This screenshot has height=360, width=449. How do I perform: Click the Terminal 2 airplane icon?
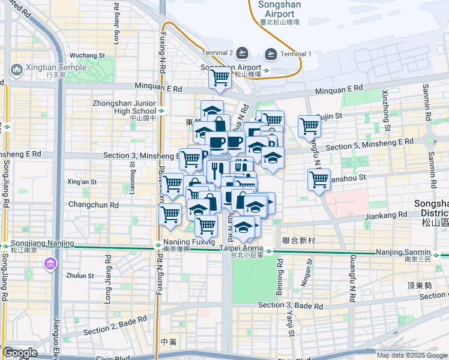pos(243,53)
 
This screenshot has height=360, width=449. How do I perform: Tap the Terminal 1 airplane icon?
pos(271,53)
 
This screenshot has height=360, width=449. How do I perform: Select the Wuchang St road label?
pos(87,55)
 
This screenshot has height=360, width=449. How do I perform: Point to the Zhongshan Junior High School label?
pos(124,107)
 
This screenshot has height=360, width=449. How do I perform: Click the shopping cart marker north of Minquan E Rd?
pos(220,77)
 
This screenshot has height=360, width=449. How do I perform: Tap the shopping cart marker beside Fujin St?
pos(310,126)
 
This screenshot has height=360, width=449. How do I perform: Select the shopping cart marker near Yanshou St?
pos(319,179)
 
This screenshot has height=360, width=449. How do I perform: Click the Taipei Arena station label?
pos(241,248)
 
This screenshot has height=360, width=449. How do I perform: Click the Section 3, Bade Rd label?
pos(291,305)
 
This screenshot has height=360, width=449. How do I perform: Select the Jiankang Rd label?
pos(386,215)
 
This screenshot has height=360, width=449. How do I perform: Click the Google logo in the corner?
pos(20,353)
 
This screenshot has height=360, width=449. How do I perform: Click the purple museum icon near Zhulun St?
pos(50,264)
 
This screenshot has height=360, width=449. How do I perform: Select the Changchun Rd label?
pos(92,205)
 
